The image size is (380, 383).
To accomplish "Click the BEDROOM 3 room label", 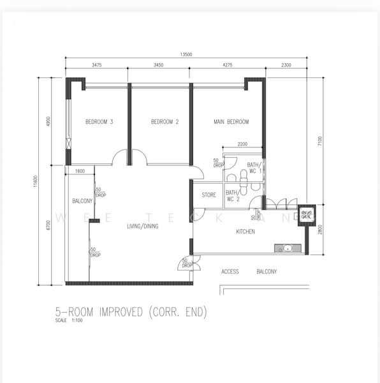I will tap(99, 122).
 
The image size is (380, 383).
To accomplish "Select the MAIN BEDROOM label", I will tap(230, 122).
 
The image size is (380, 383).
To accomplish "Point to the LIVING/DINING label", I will tap(143, 226).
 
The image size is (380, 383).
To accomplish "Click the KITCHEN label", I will tap(245, 232).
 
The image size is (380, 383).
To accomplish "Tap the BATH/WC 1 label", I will tap(254, 168).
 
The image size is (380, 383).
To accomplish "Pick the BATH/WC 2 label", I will tap(232, 195).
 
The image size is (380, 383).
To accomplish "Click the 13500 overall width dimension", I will tap(186, 54).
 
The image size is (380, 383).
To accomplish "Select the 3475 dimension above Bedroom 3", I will tap(98, 65).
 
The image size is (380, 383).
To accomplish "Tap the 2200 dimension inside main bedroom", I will tap(243, 145).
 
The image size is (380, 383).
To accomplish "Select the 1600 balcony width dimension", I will tap(80, 171).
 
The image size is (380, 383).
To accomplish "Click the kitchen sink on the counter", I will tap(288, 248).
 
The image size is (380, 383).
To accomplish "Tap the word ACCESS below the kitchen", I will tap(230, 272).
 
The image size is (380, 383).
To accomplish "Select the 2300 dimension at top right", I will tap(286, 65).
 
